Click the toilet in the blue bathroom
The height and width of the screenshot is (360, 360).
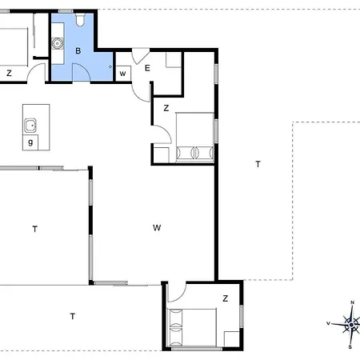(80, 20)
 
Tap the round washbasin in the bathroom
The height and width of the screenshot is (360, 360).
(57, 43)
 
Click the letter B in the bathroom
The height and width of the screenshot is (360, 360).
(78, 50)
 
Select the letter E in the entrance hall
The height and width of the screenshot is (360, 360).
(147, 68)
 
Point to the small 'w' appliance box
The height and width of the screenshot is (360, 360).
(122, 74)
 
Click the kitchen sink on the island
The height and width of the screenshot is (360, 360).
(30, 126)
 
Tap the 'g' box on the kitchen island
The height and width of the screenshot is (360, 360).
(30, 142)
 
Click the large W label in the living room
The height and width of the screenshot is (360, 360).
(157, 228)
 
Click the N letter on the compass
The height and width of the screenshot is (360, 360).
(352, 302)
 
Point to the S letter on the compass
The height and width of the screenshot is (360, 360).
(350, 347)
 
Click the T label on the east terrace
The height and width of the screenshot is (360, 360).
(258, 164)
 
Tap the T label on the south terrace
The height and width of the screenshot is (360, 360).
(73, 316)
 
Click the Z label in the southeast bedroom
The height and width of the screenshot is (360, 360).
(226, 298)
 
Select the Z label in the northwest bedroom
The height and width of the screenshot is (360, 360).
(9, 73)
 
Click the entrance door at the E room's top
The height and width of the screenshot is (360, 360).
(140, 56)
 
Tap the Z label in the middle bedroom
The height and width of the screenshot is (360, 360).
(166, 108)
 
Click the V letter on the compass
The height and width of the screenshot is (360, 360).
(329, 323)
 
